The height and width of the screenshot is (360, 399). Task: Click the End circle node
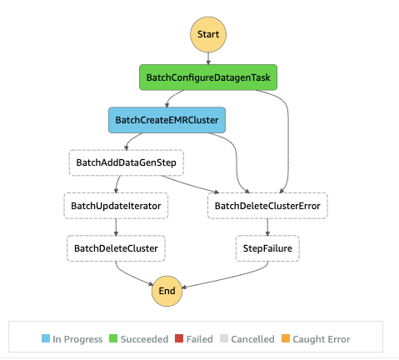click(167, 290)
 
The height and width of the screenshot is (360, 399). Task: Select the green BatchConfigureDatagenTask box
click(207, 77)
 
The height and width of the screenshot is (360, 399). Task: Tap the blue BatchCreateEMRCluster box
click(167, 119)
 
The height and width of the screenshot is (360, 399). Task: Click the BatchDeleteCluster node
click(116, 247)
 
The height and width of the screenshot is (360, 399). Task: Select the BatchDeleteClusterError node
click(267, 204)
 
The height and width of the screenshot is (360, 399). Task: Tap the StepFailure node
click(267, 247)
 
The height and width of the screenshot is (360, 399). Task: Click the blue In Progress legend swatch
click(46, 339)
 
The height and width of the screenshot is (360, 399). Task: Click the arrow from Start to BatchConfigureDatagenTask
click(207, 58)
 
